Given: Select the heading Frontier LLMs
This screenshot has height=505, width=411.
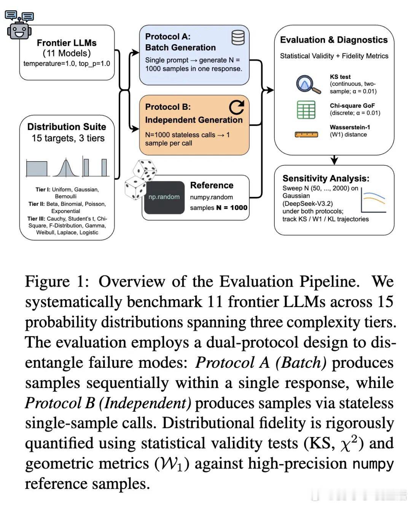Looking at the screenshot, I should (x=67, y=43).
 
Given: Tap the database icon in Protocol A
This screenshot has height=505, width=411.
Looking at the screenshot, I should (x=238, y=38).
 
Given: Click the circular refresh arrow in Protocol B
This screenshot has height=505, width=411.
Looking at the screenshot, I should (x=236, y=107).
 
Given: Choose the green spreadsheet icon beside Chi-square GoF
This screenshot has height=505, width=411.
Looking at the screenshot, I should (x=306, y=110).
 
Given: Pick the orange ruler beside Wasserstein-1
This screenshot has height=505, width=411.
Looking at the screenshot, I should (x=306, y=134).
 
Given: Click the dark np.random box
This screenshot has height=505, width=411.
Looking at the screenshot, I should (x=164, y=197).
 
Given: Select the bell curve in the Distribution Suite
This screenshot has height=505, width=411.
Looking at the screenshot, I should (x=66, y=167).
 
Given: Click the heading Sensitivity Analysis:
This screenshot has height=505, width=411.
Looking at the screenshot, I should (x=326, y=178).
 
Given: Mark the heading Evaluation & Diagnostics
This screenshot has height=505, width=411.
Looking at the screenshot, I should (x=334, y=40).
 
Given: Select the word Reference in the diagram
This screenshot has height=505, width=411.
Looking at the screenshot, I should (x=212, y=186).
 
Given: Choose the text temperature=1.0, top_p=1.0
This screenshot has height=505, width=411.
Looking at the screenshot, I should (x=67, y=64).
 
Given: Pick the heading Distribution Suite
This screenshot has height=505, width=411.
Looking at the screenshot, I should (x=67, y=127).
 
